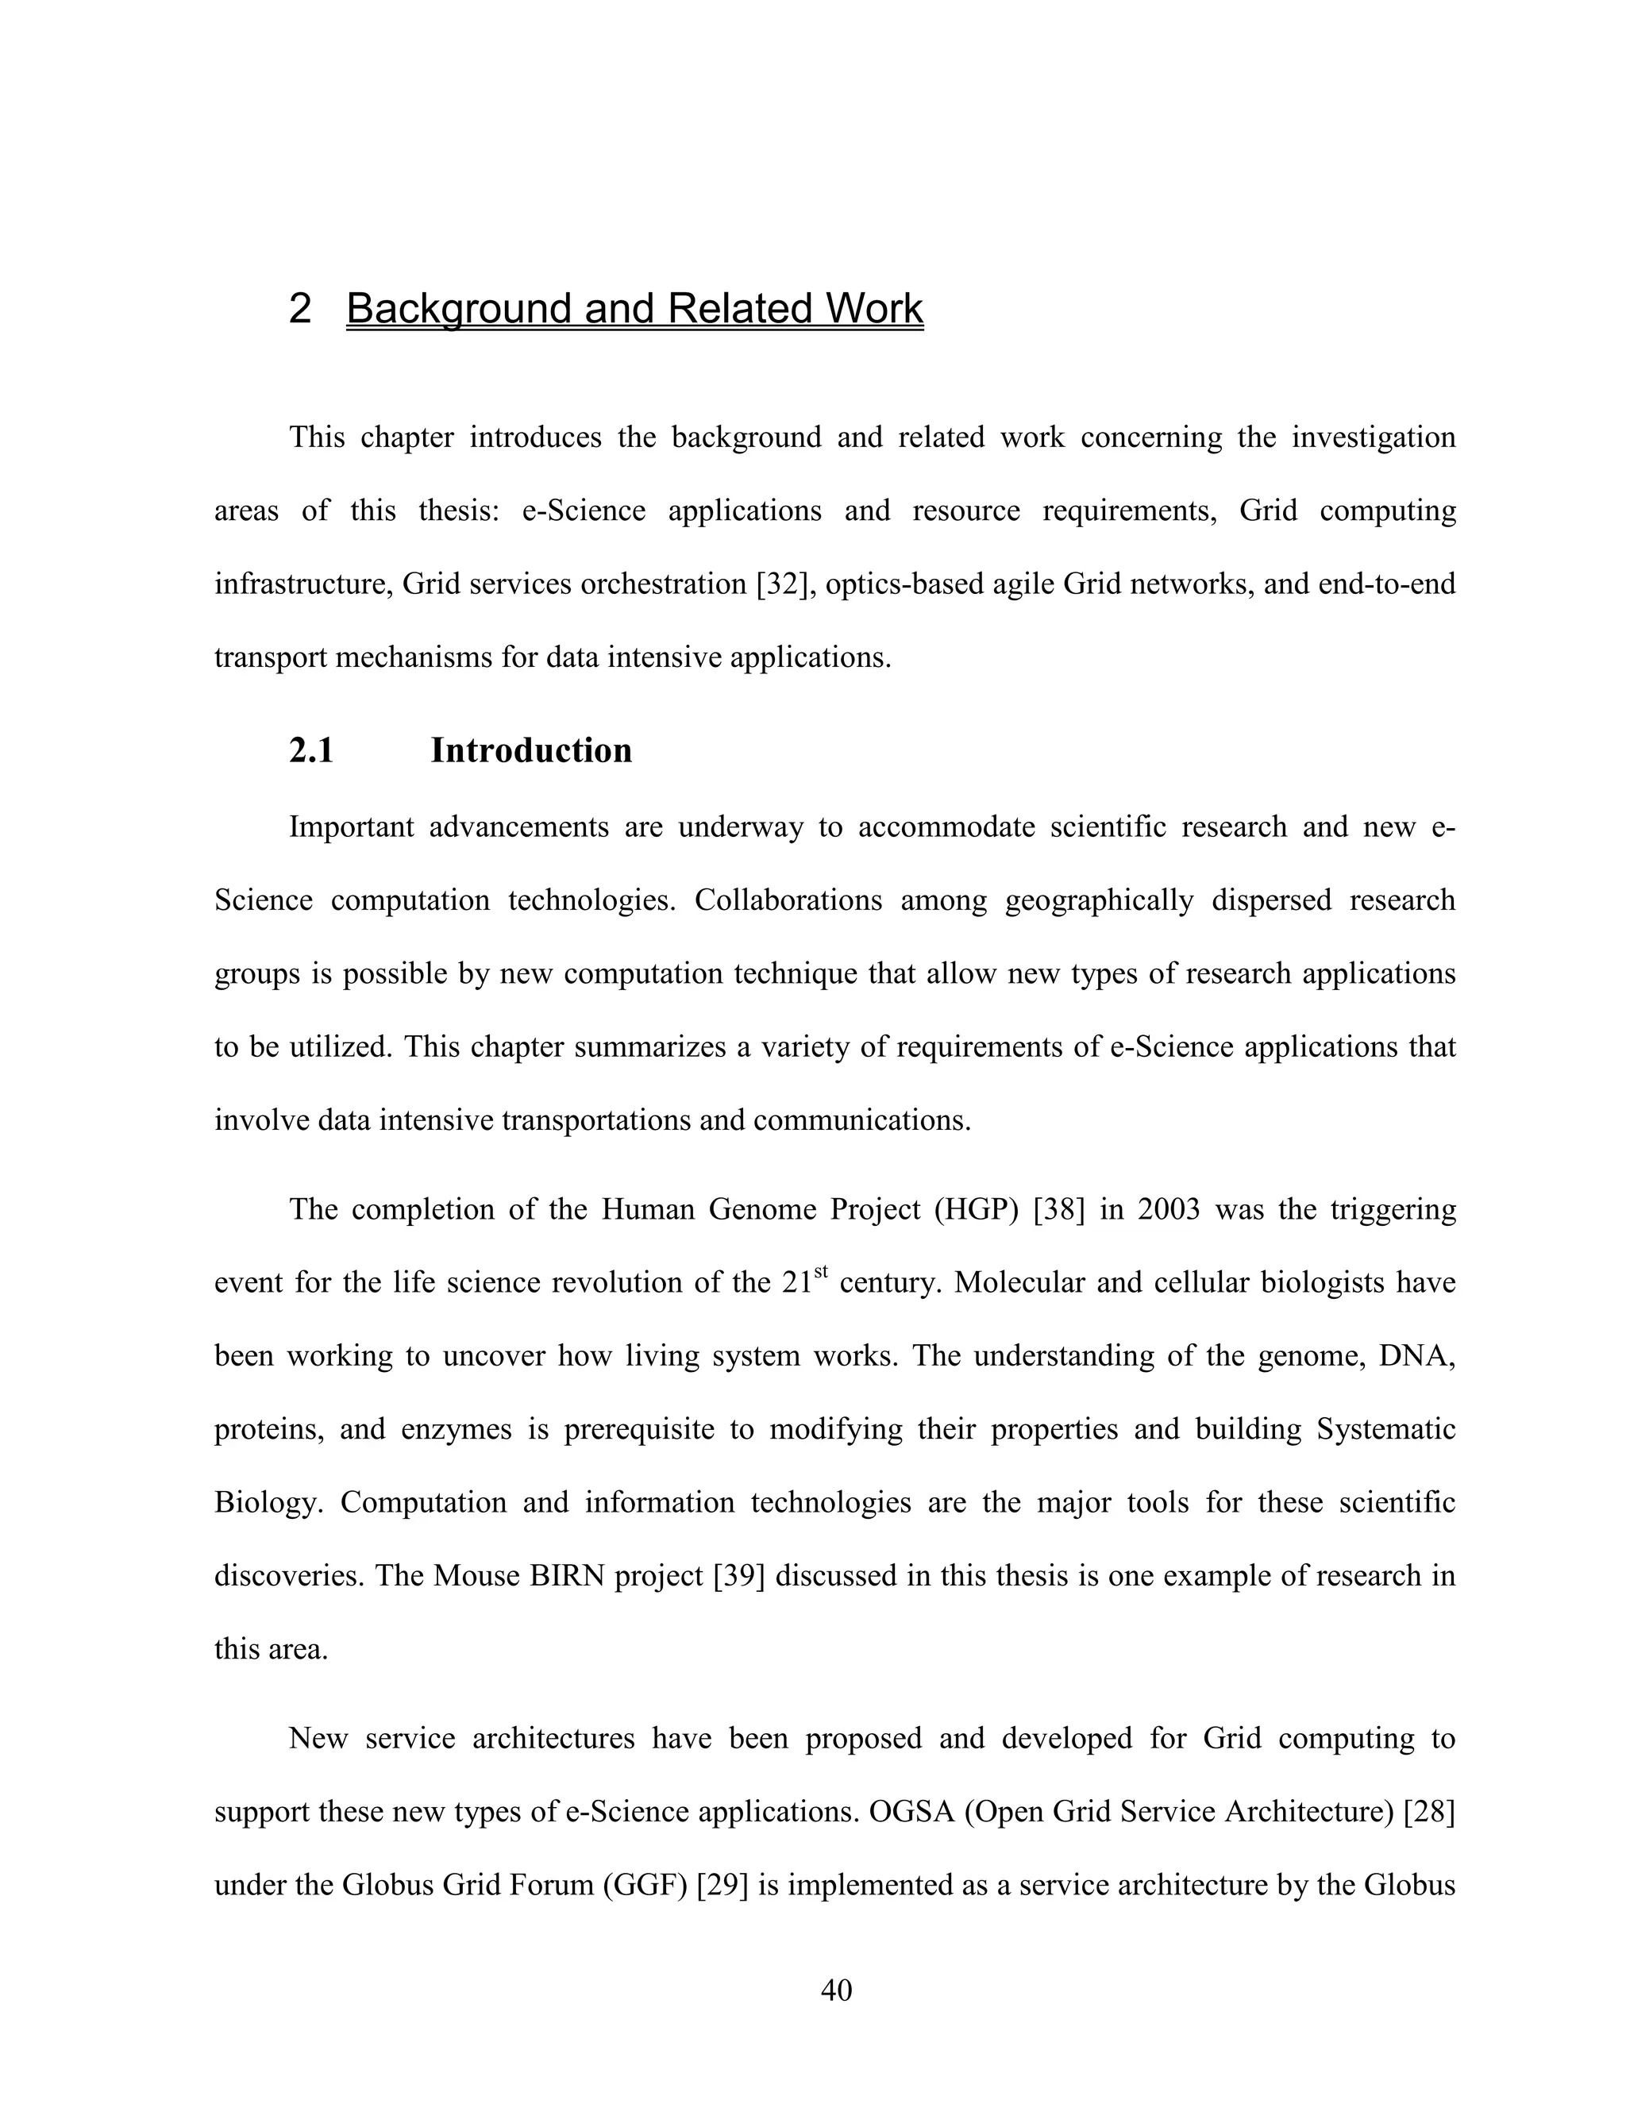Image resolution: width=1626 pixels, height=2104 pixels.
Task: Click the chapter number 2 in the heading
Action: point(299,308)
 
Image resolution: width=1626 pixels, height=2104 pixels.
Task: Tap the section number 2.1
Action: point(311,750)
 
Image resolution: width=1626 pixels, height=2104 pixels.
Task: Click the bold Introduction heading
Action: point(531,750)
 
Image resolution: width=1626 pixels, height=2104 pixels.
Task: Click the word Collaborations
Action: point(788,901)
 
